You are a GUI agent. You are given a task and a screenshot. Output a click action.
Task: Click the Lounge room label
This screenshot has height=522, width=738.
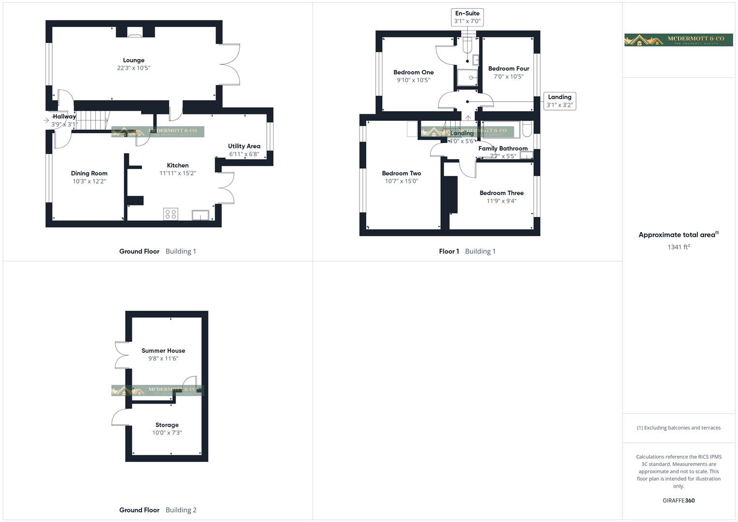tap(133, 60)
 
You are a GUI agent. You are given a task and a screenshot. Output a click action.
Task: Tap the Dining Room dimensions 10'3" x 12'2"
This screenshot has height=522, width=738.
tap(89, 181)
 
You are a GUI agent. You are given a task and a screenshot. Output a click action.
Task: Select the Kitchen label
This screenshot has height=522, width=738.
tap(177, 165)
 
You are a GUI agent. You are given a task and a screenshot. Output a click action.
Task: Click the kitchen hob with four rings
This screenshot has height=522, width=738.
tap(171, 214)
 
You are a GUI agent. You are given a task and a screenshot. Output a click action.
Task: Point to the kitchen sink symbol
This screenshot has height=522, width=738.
tap(201, 215)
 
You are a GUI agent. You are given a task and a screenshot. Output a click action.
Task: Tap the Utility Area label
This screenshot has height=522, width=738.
tap(244, 146)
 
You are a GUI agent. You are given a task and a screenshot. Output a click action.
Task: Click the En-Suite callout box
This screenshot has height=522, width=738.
tap(467, 17)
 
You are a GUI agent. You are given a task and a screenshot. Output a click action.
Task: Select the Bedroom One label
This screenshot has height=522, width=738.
tap(413, 72)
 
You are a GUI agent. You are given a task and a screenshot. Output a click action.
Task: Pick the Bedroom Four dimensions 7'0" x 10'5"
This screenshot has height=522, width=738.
tap(508, 76)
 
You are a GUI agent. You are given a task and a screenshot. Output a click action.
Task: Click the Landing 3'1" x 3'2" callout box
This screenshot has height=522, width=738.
tap(560, 101)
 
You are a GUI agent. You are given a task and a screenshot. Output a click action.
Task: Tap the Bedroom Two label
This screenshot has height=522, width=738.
tap(401, 174)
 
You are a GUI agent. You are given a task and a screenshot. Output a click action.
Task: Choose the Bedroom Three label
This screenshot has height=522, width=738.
tap(501, 193)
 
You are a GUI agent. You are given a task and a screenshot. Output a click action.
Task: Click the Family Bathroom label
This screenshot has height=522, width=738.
tap(503, 148)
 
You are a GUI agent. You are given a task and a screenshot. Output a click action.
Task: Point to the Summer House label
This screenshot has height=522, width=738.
tap(163, 351)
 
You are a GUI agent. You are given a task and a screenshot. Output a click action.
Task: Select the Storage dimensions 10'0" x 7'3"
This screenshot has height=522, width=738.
tap(167, 433)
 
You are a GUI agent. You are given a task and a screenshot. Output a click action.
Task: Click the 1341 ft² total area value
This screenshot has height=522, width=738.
tap(679, 247)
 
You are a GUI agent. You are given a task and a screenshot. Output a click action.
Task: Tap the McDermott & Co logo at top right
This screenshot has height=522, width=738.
tap(679, 40)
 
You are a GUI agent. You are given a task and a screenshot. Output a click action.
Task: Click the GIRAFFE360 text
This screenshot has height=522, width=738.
tap(679, 501)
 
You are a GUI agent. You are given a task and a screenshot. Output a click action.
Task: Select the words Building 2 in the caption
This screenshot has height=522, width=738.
tap(181, 510)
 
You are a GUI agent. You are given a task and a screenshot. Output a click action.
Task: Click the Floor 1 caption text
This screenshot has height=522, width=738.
tap(449, 251)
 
